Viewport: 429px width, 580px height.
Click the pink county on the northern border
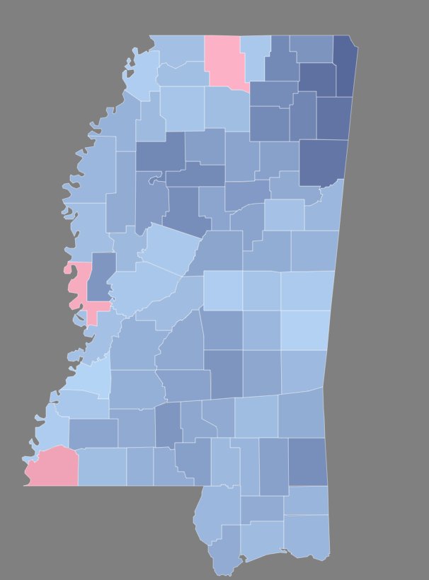click(225, 59)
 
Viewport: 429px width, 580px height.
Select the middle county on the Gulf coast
click(262, 541)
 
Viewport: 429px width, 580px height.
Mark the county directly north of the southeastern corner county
click(306, 500)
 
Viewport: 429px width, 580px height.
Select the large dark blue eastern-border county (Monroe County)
click(323, 161)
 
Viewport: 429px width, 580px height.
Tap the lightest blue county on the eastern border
click(306, 329)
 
